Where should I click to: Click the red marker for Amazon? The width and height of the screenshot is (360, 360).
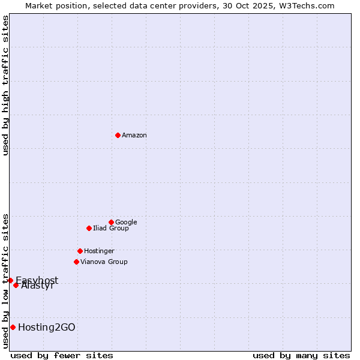(x=118, y=135)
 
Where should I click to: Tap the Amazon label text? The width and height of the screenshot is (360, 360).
(x=134, y=136)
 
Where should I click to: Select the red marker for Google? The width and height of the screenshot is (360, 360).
(x=111, y=222)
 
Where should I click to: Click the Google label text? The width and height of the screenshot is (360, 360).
(x=126, y=223)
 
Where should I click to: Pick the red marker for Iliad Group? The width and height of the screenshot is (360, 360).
(x=89, y=228)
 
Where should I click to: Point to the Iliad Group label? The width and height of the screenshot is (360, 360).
(x=110, y=229)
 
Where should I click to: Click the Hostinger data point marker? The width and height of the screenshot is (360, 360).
(x=80, y=251)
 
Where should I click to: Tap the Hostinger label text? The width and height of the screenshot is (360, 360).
(x=99, y=251)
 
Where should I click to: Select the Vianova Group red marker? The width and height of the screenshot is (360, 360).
(x=76, y=262)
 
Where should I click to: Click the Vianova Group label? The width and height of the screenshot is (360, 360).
(x=104, y=262)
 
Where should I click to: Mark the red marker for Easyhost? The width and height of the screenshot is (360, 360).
(x=10, y=280)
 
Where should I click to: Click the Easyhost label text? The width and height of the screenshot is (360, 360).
(x=37, y=280)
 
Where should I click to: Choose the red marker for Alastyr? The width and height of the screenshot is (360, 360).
(x=16, y=285)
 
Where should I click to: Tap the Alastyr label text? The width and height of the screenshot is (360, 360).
(x=37, y=286)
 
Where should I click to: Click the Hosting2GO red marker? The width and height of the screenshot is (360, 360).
(x=13, y=327)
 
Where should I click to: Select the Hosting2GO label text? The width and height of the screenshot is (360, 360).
(x=47, y=328)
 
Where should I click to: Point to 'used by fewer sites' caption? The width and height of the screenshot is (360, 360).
(x=62, y=355)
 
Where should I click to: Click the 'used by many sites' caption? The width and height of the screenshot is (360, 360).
(x=301, y=355)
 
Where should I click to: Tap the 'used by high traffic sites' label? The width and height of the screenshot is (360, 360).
(x=5, y=85)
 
